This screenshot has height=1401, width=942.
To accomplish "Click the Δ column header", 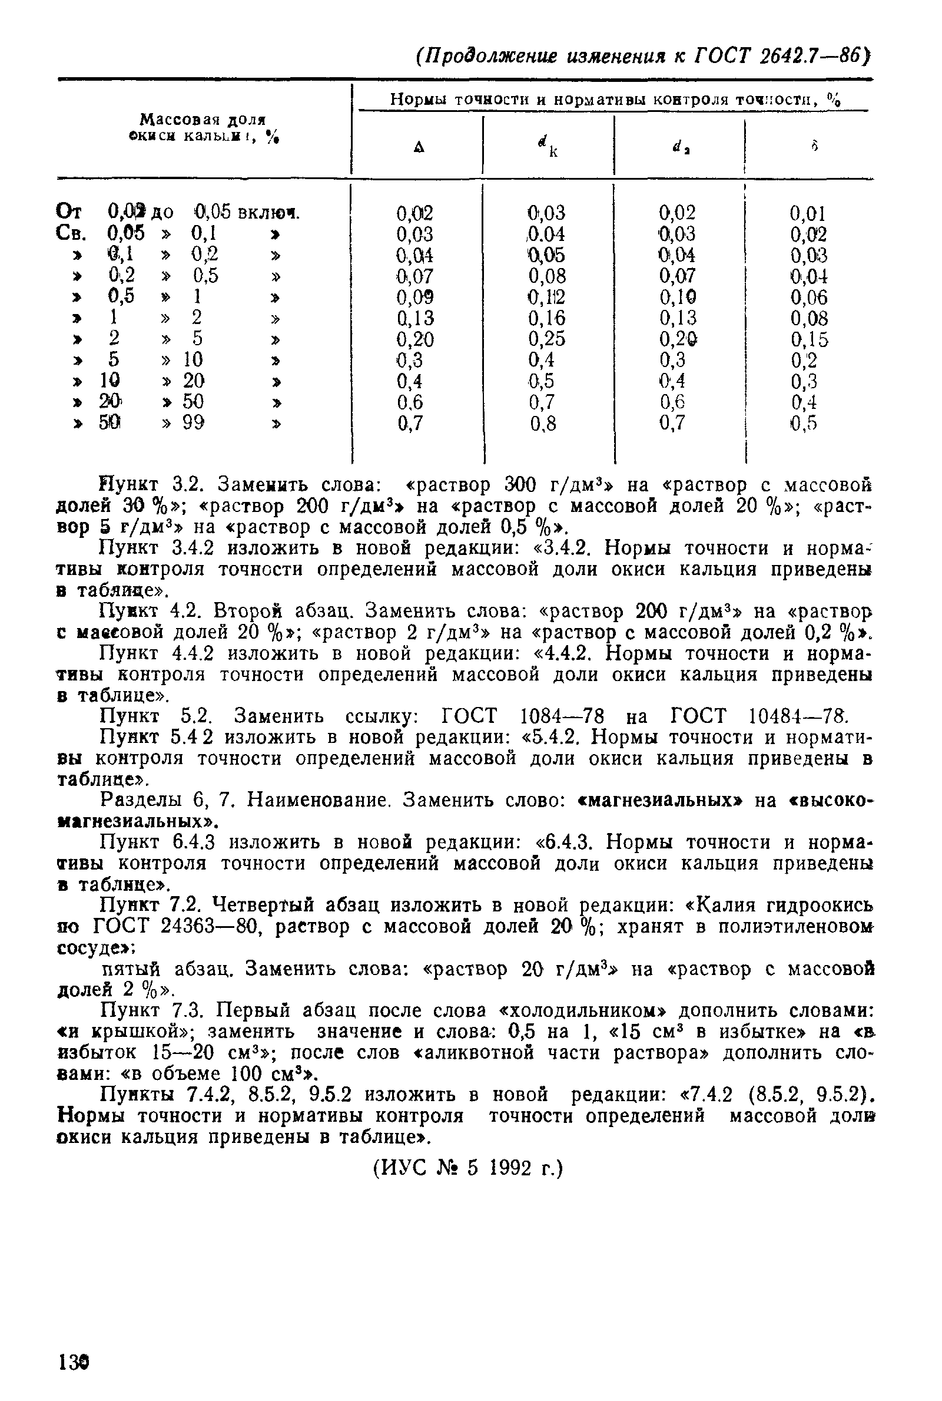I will (x=419, y=147).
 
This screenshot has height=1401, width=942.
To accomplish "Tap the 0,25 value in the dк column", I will (x=547, y=339).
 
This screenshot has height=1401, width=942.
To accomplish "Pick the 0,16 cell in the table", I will (x=547, y=319).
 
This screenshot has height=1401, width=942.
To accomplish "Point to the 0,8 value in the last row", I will (x=543, y=424).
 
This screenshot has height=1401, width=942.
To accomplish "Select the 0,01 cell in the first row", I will (x=808, y=213).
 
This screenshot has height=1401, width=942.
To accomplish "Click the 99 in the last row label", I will (x=194, y=423).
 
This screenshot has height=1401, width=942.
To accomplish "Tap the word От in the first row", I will (x=71, y=212).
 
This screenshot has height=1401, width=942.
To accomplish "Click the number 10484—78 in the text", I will (x=798, y=716).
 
